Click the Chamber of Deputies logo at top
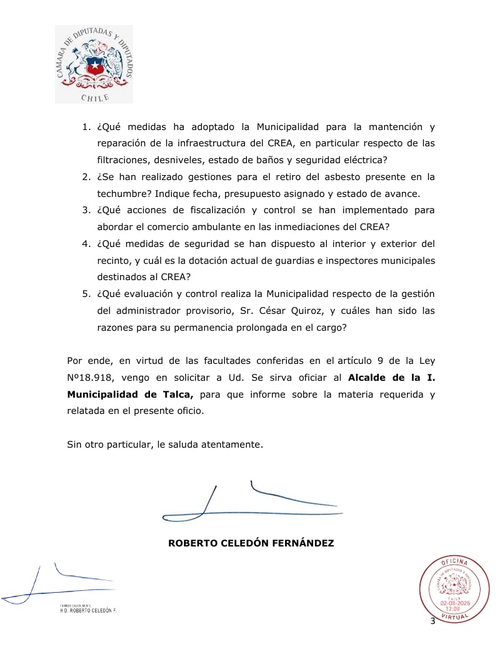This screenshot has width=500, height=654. click(x=94, y=64)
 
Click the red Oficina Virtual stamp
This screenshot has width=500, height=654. click(x=454, y=590)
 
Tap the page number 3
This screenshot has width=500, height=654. click(x=432, y=621)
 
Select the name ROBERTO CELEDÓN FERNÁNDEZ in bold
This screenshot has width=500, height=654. click(x=251, y=543)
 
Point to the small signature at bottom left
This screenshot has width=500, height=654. click(x=59, y=585)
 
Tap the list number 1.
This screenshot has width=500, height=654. click(x=86, y=127)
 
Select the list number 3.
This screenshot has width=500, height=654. click(x=86, y=210)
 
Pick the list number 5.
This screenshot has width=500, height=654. click(x=86, y=294)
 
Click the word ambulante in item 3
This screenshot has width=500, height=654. click(x=218, y=227)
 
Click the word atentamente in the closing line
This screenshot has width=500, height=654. click(x=227, y=445)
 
